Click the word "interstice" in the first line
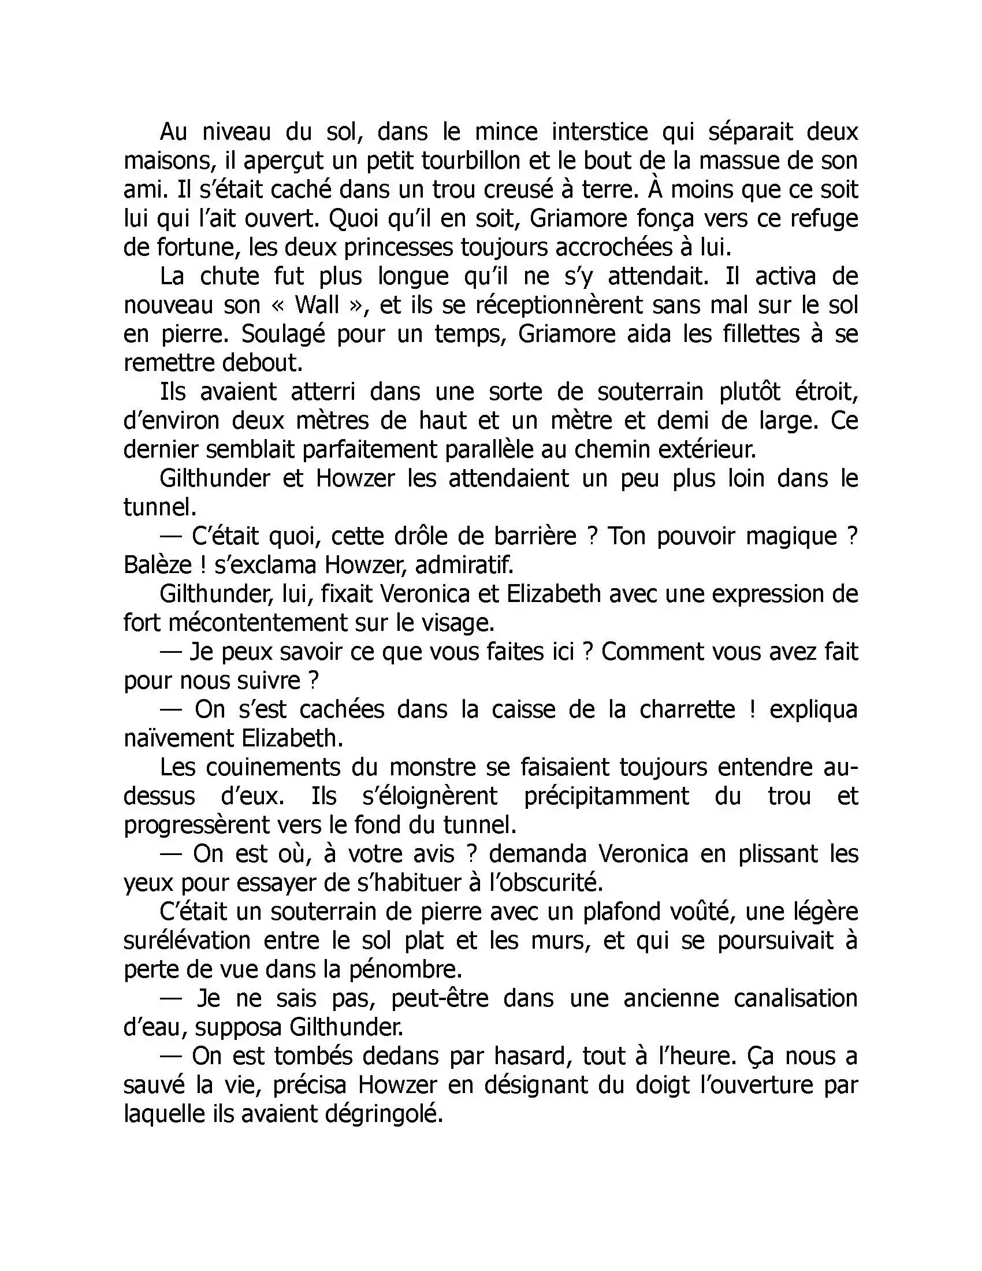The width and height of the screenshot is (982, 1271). [x=599, y=132]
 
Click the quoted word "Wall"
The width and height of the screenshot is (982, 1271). [x=317, y=305]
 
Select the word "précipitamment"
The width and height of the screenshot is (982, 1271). [x=606, y=796]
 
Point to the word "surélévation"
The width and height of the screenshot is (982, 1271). [x=187, y=941]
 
